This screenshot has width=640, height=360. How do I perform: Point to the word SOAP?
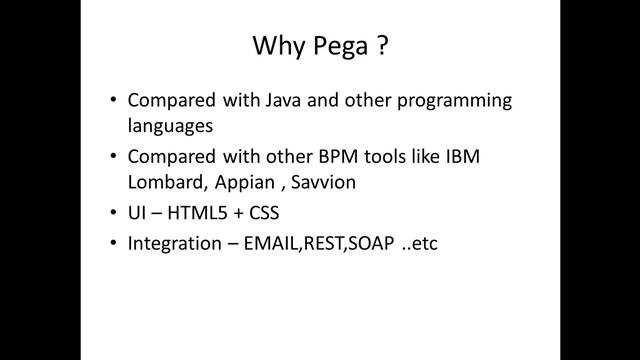tap(377, 242)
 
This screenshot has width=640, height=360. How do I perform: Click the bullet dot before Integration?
tap(113, 242)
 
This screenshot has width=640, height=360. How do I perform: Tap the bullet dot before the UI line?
tap(113, 214)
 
